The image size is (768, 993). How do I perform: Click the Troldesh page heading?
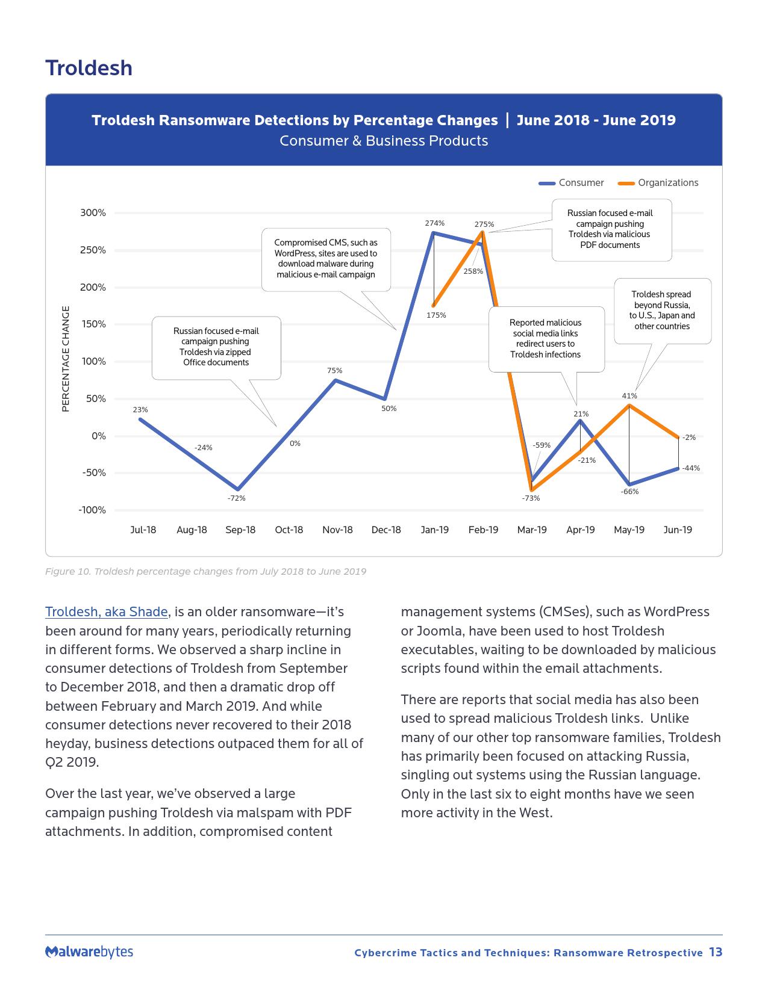click(89, 68)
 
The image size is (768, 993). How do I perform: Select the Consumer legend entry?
click(580, 183)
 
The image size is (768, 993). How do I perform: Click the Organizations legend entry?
click(667, 183)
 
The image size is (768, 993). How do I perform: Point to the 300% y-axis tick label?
click(93, 213)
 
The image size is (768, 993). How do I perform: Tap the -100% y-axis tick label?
click(92, 510)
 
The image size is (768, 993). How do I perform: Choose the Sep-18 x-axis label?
click(240, 530)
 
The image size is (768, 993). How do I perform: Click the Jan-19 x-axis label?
click(434, 530)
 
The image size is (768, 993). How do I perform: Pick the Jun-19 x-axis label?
click(678, 530)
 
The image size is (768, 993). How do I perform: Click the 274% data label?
click(434, 223)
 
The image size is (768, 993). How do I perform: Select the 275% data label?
click(484, 224)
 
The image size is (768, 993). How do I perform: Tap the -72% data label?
click(236, 498)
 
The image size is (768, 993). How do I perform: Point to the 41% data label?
click(629, 396)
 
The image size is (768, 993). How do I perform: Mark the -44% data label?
click(691, 468)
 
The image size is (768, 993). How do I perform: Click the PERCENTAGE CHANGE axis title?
click(66, 359)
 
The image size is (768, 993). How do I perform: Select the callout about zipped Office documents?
click(216, 347)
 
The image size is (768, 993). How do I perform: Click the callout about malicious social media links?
click(546, 339)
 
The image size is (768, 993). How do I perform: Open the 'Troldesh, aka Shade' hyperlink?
click(107, 612)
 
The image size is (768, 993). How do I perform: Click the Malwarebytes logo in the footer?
click(89, 952)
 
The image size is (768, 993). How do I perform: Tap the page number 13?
click(716, 952)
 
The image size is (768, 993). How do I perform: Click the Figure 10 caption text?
click(205, 571)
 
